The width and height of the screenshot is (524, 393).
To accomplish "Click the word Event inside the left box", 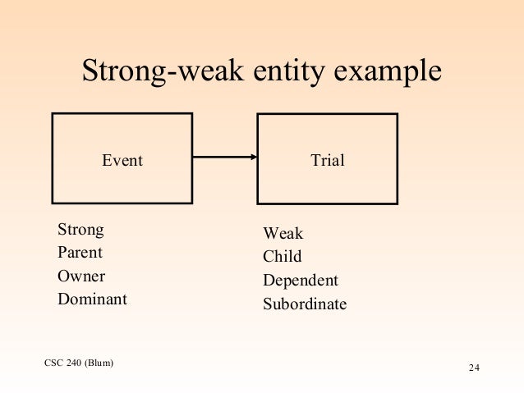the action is pos(122,161).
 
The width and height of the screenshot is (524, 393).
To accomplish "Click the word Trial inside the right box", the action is pos(327,161).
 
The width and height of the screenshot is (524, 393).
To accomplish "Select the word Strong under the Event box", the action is pos(81,228).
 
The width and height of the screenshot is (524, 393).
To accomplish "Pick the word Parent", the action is pos(80,252).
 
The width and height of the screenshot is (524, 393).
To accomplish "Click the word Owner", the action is pos(81,276).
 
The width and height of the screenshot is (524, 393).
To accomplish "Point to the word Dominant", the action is pos(92,299).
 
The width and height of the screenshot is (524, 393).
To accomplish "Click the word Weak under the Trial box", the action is pos(283,234).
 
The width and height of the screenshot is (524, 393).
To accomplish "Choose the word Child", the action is pos(282,257).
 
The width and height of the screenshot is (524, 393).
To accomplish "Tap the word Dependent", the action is pos(300,281).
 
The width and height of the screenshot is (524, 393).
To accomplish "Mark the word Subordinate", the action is pos(305,304).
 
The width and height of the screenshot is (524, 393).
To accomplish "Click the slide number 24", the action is pos(473,367).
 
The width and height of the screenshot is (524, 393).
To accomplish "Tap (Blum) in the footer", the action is pos(98,362).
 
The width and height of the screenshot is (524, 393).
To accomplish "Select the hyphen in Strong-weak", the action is pos(168,74).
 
